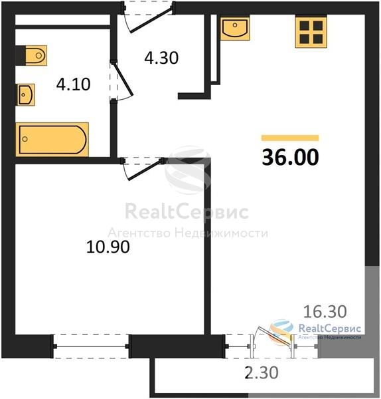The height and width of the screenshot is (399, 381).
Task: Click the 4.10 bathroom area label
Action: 74,84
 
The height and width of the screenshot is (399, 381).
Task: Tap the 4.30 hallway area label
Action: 161,58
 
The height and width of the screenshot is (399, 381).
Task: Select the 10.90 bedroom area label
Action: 108,247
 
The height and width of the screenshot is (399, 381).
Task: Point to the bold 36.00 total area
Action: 290,157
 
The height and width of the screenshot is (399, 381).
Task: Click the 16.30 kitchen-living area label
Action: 325,312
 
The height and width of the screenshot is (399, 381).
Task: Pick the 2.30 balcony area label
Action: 262,373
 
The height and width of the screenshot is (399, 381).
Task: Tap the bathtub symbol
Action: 52,140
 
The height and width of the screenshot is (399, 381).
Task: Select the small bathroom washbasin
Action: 26,94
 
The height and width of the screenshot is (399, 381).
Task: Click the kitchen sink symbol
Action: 235,27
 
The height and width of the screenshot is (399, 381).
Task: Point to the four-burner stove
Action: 311,32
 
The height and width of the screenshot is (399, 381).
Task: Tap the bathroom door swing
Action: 121,81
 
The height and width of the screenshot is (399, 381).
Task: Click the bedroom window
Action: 91,346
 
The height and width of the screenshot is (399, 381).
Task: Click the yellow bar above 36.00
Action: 290,138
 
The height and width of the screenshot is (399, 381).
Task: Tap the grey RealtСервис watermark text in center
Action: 187,211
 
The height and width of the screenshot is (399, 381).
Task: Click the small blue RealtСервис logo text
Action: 330,329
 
